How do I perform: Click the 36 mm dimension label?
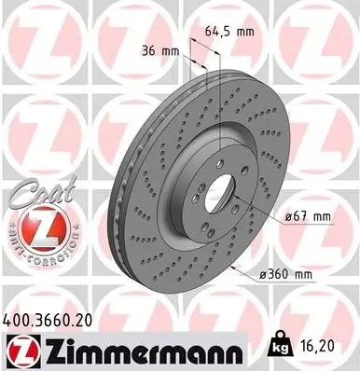pos(160,50)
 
